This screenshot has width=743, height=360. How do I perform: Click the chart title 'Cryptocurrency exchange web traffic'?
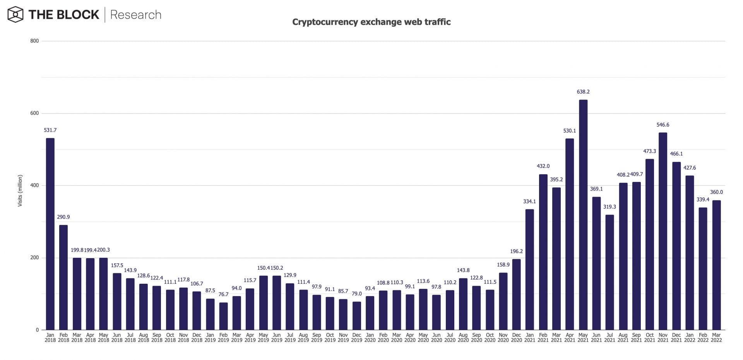point(371,22)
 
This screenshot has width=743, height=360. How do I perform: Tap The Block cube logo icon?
point(15,15)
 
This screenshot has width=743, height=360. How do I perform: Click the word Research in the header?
point(135,15)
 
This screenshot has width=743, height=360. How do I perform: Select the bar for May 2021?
point(583,215)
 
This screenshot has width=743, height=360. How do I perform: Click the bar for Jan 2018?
point(50,234)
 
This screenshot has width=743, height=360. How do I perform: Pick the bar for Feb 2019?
point(223,316)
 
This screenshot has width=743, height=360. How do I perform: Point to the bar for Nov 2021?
point(663,231)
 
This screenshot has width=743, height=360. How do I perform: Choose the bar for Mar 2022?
point(716,265)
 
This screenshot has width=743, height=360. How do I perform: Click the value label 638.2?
point(583,92)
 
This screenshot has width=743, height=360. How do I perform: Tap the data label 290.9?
point(63,217)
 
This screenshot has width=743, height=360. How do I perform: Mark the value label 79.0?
point(356,294)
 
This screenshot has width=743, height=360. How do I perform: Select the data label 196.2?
point(516,251)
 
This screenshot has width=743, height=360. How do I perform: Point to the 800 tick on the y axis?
point(34,41)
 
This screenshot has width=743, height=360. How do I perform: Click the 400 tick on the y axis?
point(34,185)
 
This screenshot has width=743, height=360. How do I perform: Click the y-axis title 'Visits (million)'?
point(20,190)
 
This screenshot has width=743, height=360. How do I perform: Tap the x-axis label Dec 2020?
point(516,338)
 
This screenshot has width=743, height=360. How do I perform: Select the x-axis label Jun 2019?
point(277,338)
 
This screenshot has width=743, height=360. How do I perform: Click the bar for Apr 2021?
point(570,234)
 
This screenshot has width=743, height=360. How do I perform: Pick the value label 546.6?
point(663,125)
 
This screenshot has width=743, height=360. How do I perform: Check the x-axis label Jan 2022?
point(690,338)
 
